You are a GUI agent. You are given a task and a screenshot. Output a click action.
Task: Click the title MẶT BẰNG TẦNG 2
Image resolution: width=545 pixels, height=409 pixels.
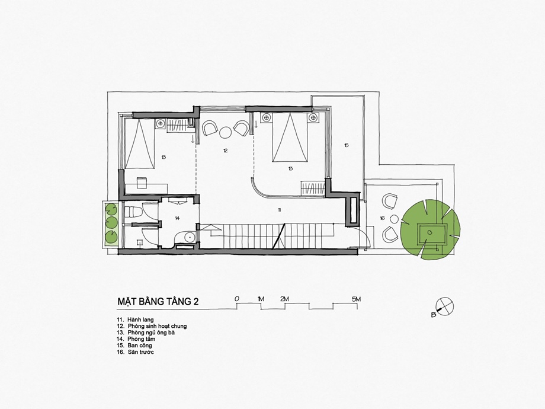(158, 301)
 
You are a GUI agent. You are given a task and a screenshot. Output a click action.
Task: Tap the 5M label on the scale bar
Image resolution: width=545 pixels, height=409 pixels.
(356, 299)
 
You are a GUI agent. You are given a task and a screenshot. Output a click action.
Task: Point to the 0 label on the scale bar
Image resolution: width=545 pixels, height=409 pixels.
(237, 299)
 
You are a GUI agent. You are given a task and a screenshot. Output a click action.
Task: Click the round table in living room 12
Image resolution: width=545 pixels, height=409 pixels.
(225, 132)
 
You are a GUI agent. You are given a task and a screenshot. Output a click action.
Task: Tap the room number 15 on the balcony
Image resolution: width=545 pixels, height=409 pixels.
(346, 145)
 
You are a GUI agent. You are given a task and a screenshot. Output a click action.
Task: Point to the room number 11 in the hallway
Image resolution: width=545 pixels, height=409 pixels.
(279, 209)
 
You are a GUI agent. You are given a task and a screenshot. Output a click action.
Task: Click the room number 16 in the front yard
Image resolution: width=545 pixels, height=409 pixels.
(382, 218)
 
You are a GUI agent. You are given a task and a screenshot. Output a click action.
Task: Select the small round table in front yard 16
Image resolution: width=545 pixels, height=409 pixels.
(394, 219)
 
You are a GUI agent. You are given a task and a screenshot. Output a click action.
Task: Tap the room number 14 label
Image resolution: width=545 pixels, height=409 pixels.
(177, 218)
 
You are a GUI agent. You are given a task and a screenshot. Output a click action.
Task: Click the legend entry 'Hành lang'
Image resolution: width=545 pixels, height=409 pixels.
(136, 319)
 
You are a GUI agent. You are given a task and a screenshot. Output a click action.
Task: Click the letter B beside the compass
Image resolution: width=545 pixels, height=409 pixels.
(434, 315)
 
